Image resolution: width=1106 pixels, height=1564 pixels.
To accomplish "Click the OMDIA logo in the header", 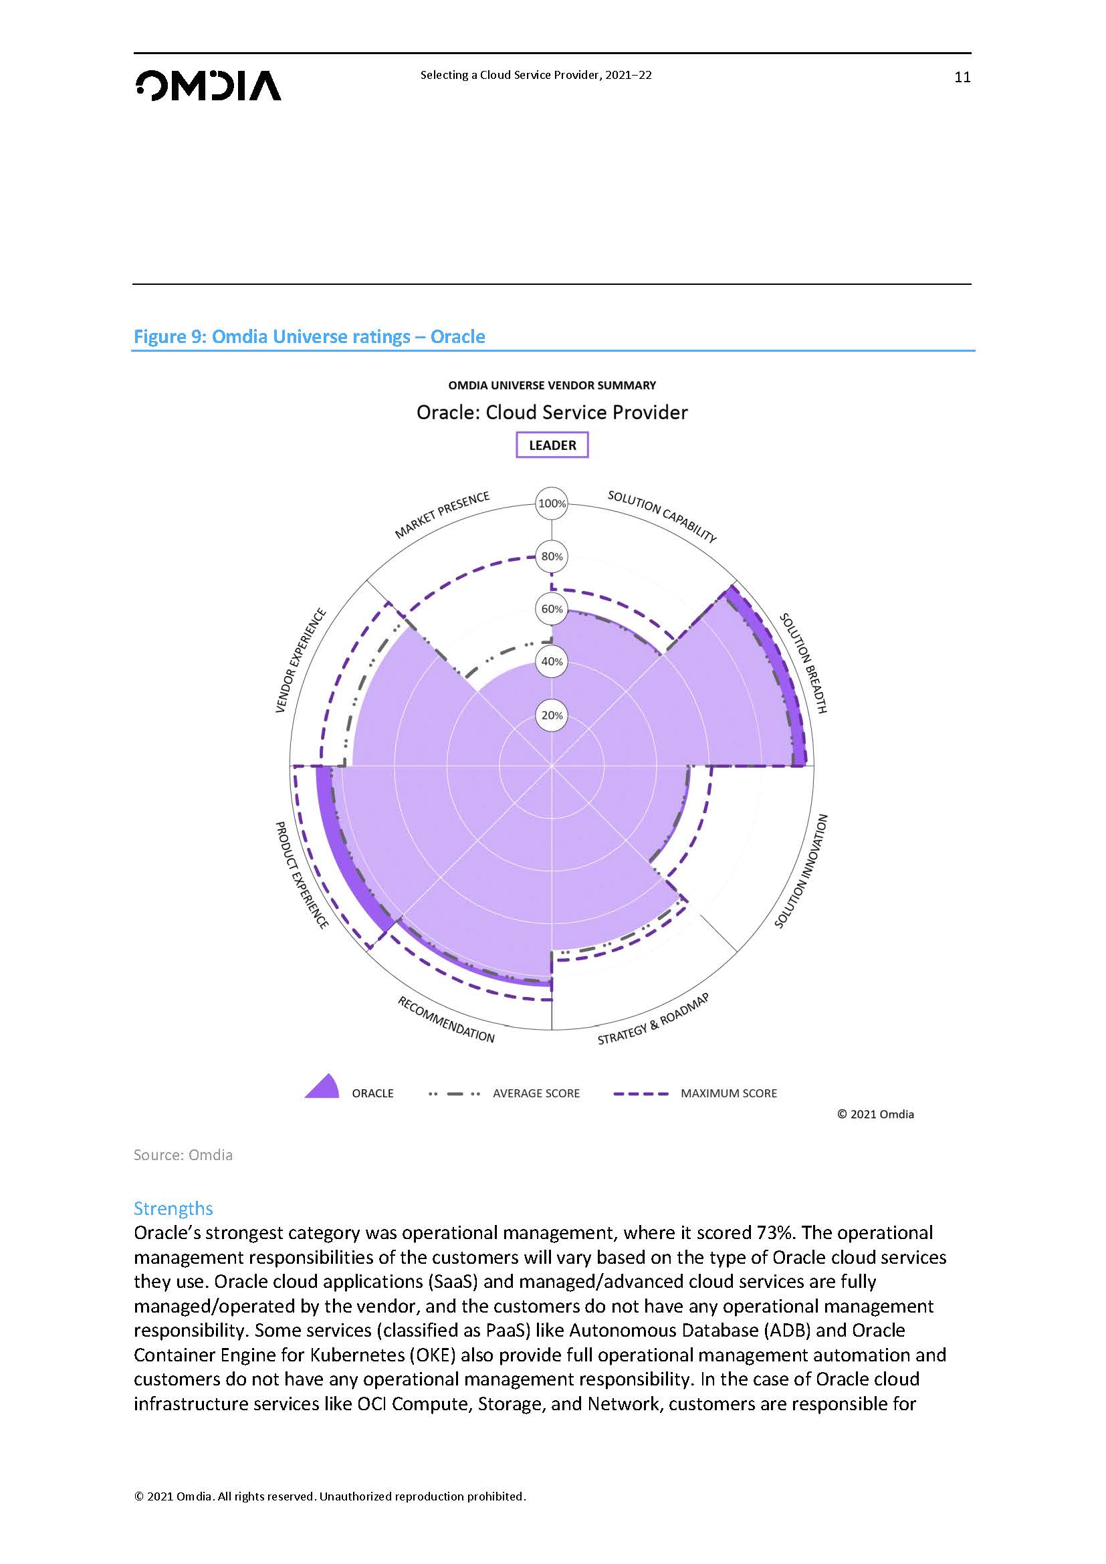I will (x=209, y=86).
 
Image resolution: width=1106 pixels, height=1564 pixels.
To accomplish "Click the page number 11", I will (x=962, y=77).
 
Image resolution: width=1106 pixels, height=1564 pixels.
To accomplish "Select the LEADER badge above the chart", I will (x=552, y=445).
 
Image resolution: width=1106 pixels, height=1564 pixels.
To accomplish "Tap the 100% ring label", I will (x=552, y=504).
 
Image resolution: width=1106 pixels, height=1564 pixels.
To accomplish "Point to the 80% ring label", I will (x=552, y=556).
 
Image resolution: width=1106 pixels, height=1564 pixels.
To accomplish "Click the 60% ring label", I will (x=552, y=609).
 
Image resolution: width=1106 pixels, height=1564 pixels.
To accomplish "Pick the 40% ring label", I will (x=552, y=661).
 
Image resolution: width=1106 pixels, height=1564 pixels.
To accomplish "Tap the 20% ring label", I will (x=552, y=715).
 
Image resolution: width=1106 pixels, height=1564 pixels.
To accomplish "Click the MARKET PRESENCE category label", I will (x=443, y=515).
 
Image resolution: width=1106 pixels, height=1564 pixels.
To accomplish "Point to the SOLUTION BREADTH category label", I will (x=804, y=663).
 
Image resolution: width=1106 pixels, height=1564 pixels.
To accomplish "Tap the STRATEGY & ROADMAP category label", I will (x=653, y=1019).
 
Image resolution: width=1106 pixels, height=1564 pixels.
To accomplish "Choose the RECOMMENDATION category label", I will (x=446, y=1020).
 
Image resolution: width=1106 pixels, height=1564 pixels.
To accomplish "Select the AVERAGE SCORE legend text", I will (x=536, y=1093).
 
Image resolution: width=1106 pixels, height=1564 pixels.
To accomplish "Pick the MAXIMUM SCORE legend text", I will (x=728, y=1093).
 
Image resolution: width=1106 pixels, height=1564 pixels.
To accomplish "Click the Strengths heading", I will (x=173, y=1208).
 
